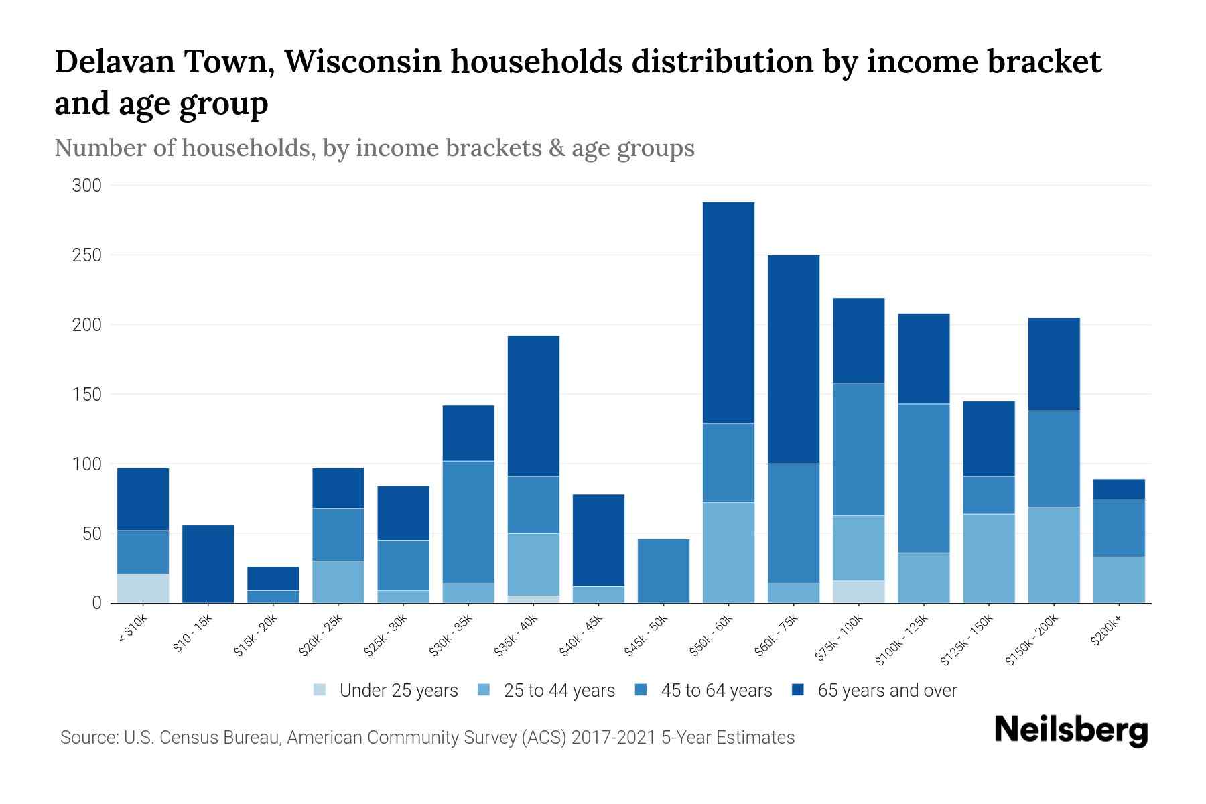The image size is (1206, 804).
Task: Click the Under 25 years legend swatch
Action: [x=320, y=689]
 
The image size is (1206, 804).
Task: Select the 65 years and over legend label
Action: [x=887, y=690]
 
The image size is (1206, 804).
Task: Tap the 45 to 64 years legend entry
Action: [x=716, y=690]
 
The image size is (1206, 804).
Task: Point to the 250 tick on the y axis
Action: [x=86, y=255]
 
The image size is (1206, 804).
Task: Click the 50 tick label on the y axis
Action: [x=92, y=534]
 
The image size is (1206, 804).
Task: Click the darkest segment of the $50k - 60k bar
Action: [x=728, y=312]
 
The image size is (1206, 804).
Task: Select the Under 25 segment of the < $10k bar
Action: [x=143, y=588]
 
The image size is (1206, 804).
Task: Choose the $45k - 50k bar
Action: [x=663, y=571]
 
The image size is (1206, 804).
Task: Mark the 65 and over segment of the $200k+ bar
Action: [x=1119, y=489]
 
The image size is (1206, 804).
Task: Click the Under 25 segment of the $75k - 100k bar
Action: [x=858, y=591]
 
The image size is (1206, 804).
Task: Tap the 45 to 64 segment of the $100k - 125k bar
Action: [x=923, y=478]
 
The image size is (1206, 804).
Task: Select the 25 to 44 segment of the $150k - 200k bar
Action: [x=1054, y=554]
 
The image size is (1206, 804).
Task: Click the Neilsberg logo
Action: [x=1071, y=730]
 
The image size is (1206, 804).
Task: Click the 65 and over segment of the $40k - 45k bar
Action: [x=598, y=540]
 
